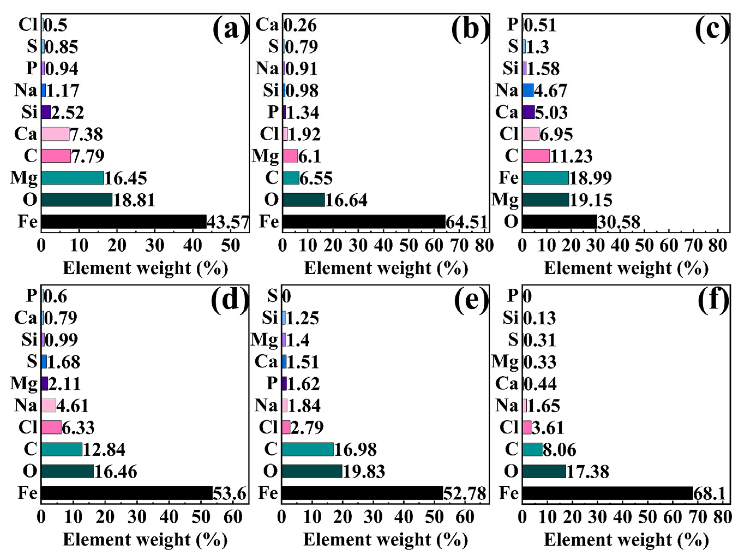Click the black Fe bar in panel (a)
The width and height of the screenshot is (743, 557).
coord(124,221)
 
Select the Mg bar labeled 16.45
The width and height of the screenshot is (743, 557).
coord(73,178)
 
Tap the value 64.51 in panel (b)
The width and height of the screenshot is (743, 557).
coord(466,222)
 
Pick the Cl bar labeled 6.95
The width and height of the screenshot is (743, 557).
coord(531,134)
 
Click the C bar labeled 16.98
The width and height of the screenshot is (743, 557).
coord(308,449)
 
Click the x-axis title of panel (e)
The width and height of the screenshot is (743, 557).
coord(386,540)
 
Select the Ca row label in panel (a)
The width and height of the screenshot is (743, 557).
coord(26,134)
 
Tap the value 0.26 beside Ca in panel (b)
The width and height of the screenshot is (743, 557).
coord(301,25)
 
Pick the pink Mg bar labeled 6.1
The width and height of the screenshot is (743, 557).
coord(290,156)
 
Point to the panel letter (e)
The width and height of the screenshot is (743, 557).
coord(471,301)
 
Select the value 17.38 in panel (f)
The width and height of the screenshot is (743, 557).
coord(588,472)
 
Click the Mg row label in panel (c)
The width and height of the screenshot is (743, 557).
coord(505,200)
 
